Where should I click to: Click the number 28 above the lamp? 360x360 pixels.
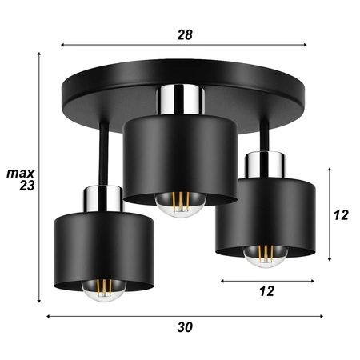tap(185, 34)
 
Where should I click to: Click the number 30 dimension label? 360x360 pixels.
tap(185, 326)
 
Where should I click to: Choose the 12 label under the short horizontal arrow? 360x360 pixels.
tap(266, 292)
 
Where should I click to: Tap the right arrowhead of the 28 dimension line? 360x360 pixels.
tap(308, 45)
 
